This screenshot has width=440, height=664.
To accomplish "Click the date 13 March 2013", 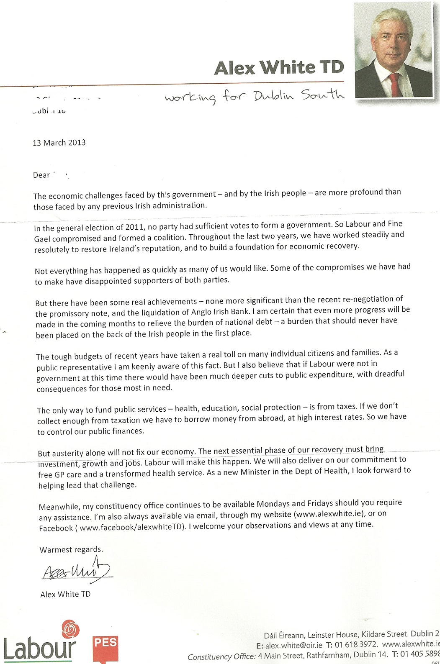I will (x=59, y=143).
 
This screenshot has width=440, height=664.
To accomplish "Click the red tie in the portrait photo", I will (x=394, y=84).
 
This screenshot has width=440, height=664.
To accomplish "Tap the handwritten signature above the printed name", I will (x=77, y=571).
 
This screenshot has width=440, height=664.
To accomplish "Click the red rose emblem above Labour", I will (x=70, y=628).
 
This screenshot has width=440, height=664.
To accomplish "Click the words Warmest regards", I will (x=71, y=549).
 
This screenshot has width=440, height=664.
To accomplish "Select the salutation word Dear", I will (x=41, y=175).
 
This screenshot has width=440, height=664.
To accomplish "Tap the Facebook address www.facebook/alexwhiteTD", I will (x=131, y=527).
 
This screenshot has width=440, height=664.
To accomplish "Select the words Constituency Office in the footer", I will (x=221, y=656).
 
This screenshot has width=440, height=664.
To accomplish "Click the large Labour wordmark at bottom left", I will (x=40, y=648).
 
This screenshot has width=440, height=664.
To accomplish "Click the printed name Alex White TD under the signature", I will (x=65, y=594).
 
